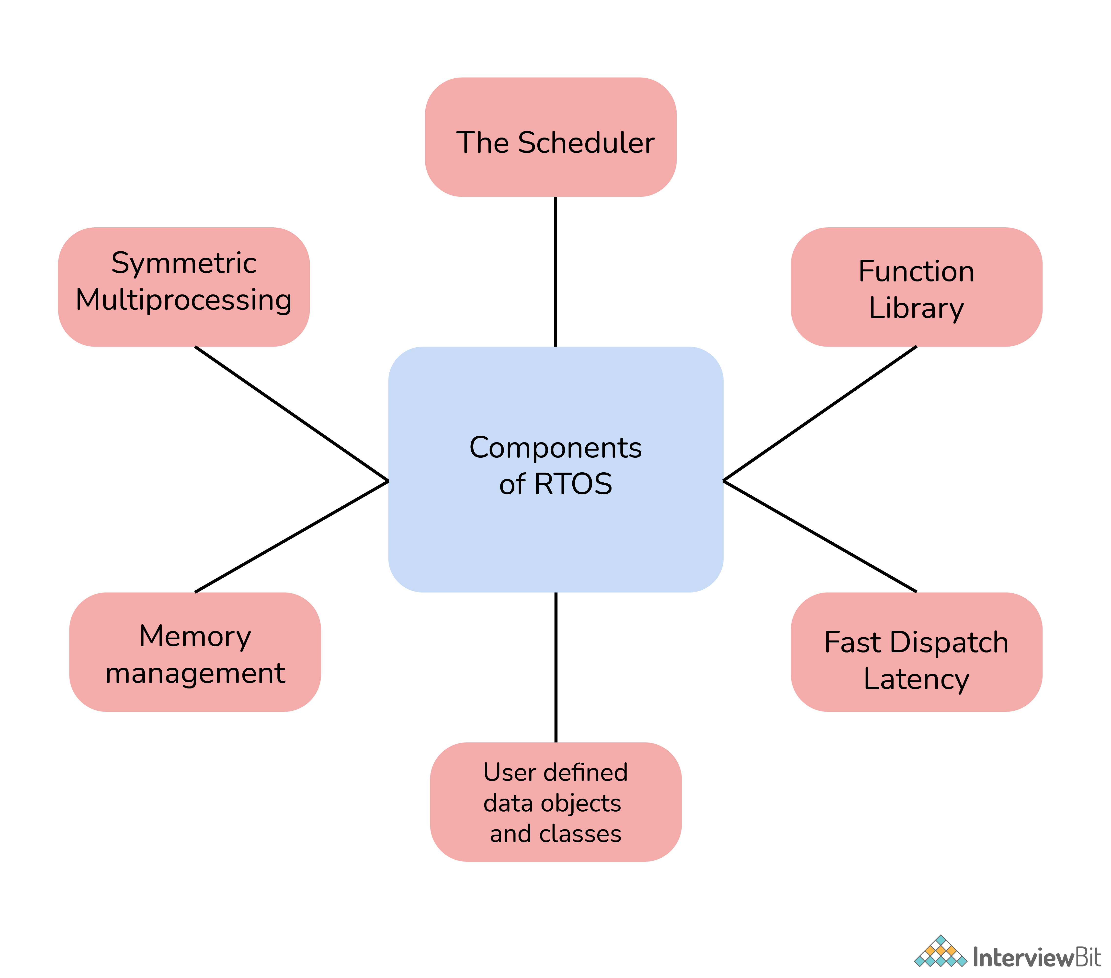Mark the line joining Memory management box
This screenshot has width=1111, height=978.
(x=291, y=537)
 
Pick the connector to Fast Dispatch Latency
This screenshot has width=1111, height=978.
(x=820, y=537)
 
